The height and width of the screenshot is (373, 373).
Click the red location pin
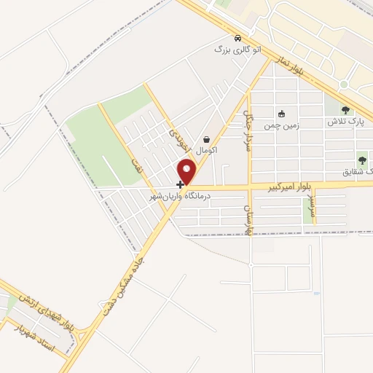point(188,172)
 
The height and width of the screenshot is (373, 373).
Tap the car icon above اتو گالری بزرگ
point(237,38)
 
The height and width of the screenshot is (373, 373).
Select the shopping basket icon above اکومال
point(207,139)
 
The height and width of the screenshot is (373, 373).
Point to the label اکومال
point(205,149)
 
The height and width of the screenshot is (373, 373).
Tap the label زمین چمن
point(282,124)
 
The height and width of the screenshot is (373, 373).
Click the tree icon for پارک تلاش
point(345,111)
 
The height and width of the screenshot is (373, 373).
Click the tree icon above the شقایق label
point(362,160)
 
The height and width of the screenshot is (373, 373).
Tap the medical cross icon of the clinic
point(180,185)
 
